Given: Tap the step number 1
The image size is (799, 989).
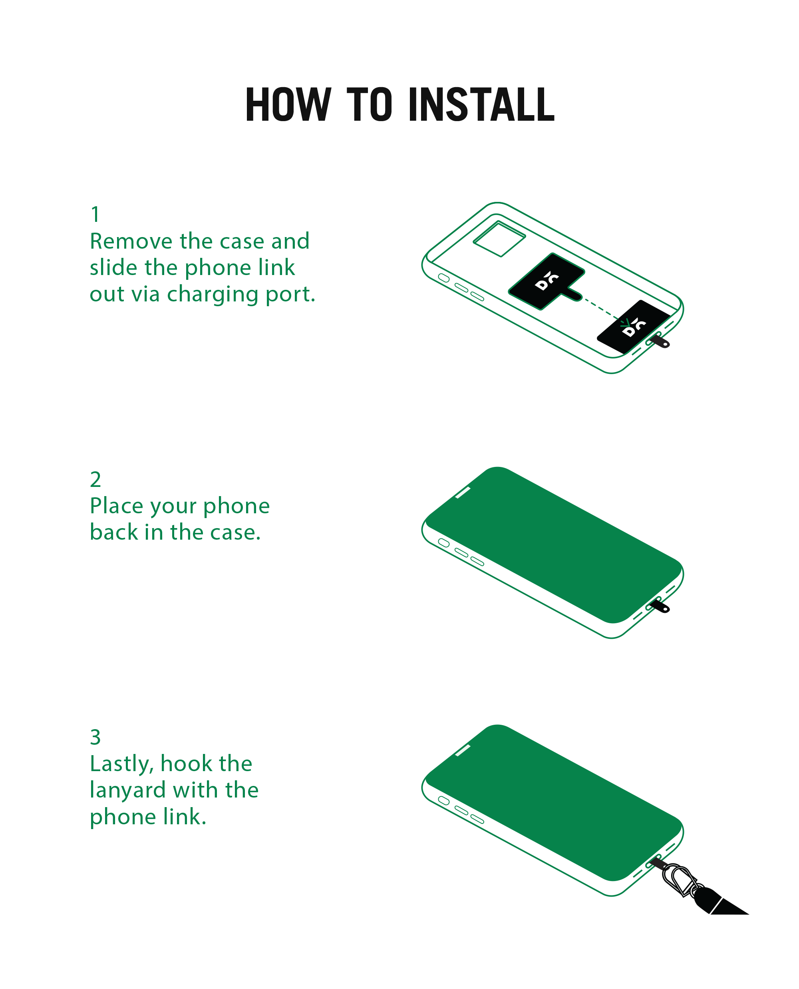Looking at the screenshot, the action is click(x=95, y=215).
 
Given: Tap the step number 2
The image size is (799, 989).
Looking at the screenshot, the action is click(x=95, y=480).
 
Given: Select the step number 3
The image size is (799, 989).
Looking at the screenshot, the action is click(x=95, y=737).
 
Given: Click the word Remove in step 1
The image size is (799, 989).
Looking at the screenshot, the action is click(x=131, y=241).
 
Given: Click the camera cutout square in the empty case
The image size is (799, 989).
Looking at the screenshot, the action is click(x=499, y=239).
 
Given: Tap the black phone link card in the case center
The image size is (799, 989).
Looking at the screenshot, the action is click(x=547, y=281).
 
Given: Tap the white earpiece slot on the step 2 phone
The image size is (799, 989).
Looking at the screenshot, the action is click(x=463, y=492).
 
